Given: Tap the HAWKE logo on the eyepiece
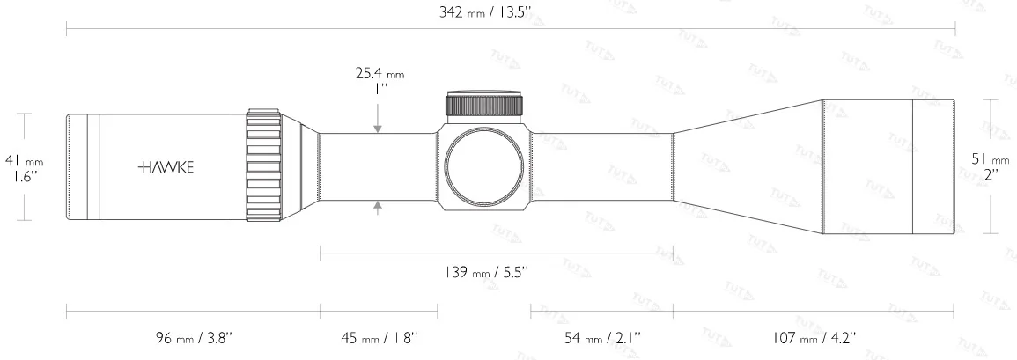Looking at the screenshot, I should pyautogui.click(x=167, y=165).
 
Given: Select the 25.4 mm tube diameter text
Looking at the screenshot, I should pyautogui.click(x=380, y=75).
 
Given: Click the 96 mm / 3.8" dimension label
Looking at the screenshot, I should pyautogui.click(x=191, y=338).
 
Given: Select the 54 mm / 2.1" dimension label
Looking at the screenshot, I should pyautogui.click(x=602, y=338).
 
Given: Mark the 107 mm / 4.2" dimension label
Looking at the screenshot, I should pyautogui.click(x=814, y=338).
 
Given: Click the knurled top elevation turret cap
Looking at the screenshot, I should pyautogui.click(x=484, y=105).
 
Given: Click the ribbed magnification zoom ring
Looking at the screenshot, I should pyautogui.click(x=262, y=166).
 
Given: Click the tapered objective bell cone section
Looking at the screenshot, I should pyautogui.click(x=748, y=167).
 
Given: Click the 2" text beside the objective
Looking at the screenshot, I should pyautogui.click(x=989, y=175).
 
